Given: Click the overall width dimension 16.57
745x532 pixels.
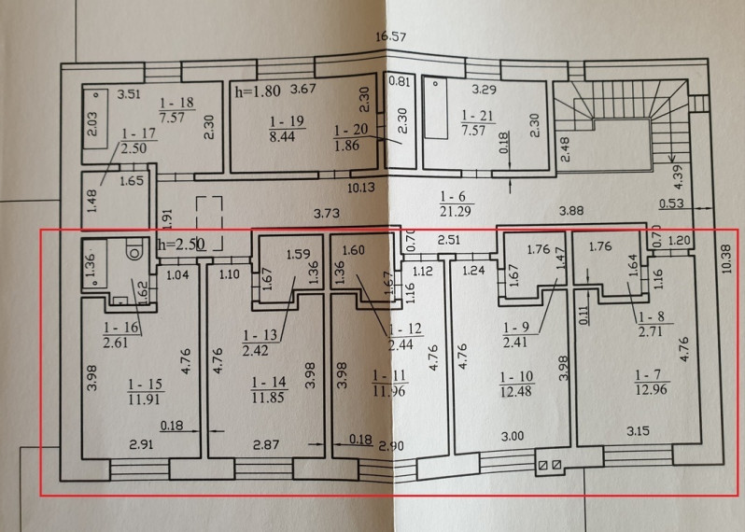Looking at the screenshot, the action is pos(390,36).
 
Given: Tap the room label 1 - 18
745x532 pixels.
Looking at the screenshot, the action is pos(176,103).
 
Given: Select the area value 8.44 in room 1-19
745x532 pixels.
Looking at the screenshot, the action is pos(283,136).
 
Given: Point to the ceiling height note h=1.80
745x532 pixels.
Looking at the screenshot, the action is pos(258,91).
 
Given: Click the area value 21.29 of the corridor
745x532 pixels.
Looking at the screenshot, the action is pos(456,211).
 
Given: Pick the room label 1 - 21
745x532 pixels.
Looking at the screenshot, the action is pos(477,116).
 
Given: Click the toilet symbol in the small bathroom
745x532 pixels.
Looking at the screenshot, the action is pos(135,250).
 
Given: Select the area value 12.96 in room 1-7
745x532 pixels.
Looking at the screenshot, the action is pos(652,390).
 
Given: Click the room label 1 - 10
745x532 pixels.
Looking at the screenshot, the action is pos(516,377).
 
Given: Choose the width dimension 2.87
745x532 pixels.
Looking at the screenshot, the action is pos(266,445).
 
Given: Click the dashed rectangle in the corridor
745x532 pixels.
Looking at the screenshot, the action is pos(209,223).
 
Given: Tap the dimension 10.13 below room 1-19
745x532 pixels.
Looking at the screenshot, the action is pos(361,188).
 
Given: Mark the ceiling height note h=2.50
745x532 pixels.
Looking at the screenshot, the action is pos(181,245).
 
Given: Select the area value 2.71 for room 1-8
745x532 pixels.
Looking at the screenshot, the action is pos(651,331).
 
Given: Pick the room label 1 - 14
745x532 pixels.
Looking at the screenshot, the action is pos(269,383).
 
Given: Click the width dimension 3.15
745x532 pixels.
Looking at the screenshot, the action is pos(638,431).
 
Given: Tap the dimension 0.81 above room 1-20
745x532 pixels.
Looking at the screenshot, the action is pos(400,81).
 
